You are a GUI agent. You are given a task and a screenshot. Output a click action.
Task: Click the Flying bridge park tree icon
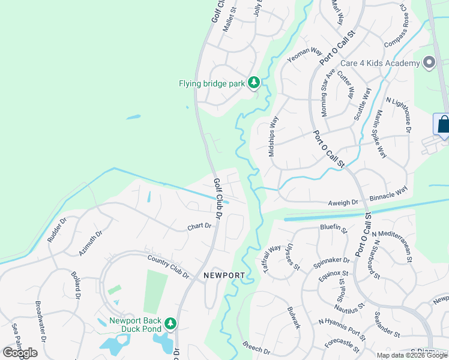(x=254, y=83)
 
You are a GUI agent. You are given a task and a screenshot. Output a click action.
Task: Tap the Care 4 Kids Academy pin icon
(x=429, y=63)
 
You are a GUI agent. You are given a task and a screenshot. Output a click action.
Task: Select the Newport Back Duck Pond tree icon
(x=170, y=324)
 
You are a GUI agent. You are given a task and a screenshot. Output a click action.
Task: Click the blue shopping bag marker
(x=442, y=125)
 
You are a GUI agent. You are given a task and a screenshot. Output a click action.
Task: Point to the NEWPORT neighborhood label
(x=224, y=275)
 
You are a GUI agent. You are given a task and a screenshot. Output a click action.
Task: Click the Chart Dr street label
(x=200, y=226)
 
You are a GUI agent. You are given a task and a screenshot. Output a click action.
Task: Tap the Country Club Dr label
(x=168, y=267)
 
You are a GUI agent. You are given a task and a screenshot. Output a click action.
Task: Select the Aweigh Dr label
(x=343, y=203)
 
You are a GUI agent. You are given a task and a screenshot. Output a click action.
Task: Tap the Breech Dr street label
(x=257, y=347)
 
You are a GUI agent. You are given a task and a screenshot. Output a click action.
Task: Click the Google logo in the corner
(x=20, y=353)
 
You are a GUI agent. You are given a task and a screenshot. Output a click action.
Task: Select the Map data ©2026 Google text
(x=412, y=355)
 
